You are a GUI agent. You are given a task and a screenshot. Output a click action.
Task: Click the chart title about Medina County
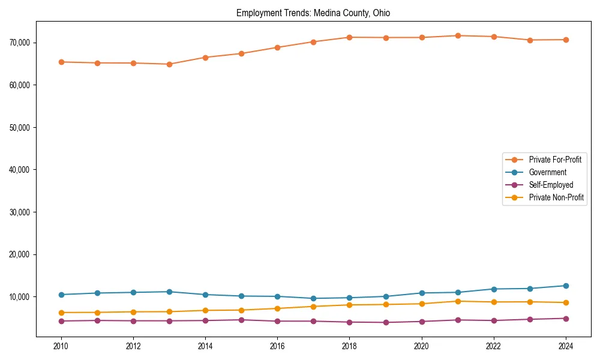tap(313, 13)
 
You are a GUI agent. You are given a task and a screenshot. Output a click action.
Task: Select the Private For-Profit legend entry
tap(555, 160)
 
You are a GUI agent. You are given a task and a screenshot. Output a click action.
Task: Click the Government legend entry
tap(547, 172)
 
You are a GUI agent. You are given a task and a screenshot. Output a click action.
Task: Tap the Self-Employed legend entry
tap(551, 185)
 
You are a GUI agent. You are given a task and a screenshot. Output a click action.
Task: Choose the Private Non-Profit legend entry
tap(556, 197)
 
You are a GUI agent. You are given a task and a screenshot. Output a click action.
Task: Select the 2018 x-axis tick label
tap(350, 346)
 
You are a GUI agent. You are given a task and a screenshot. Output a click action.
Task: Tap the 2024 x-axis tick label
tap(566, 346)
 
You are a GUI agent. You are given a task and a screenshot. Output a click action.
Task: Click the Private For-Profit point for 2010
tap(61, 62)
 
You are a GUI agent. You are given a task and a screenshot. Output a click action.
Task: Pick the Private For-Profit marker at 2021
tap(458, 35)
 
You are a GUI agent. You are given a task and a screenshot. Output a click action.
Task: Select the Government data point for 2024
tap(566, 286)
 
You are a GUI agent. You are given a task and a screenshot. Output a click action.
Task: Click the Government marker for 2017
tap(314, 298)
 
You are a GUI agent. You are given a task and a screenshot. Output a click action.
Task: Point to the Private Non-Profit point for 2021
tap(458, 301)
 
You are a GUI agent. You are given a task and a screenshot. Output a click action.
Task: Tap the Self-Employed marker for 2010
tap(61, 321)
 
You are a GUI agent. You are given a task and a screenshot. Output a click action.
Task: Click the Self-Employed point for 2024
tap(566, 319)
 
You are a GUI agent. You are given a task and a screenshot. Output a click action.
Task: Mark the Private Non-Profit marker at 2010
tap(61, 313)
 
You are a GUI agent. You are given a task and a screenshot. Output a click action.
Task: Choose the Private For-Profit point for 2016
tap(278, 47)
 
